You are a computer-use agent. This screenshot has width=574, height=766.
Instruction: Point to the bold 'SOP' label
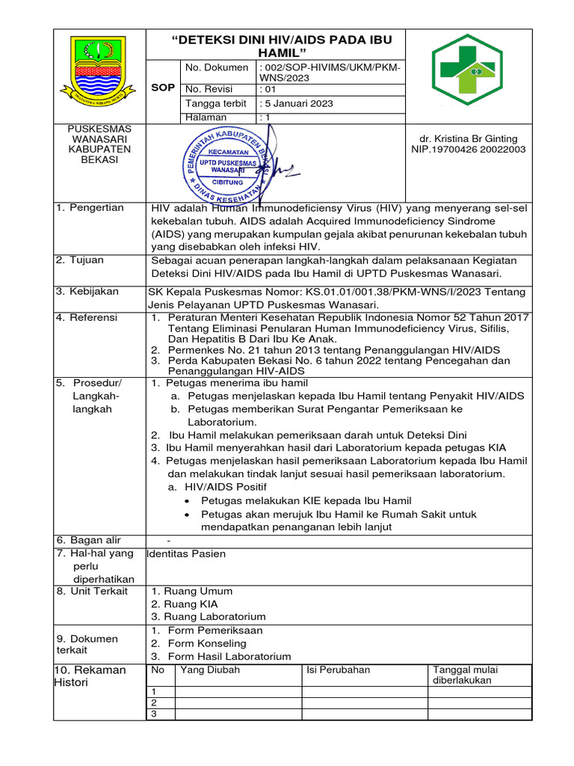[163, 88]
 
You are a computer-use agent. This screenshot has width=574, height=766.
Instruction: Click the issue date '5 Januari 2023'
[297, 103]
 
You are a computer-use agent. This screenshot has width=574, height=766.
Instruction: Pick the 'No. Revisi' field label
[209, 89]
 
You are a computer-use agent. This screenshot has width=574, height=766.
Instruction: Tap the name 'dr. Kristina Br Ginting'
[468, 139]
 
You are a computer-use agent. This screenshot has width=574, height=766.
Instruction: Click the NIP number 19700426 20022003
[468, 150]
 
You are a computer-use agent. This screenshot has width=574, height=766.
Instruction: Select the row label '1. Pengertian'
[90, 207]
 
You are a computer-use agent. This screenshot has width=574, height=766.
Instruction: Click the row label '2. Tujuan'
[80, 260]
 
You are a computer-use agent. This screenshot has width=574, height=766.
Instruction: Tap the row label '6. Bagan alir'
[88, 540]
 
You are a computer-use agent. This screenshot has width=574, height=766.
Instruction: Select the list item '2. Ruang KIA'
[184, 604]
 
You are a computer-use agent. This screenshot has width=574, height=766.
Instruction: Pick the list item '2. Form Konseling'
[198, 643]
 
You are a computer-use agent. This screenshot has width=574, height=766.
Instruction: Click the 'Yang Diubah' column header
[210, 670]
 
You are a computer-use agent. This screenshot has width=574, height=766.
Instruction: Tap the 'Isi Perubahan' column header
[338, 670]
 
